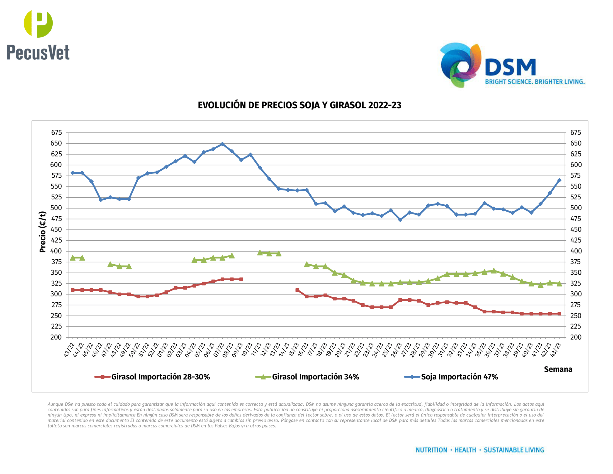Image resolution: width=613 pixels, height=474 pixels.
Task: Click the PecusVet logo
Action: pos(38,35)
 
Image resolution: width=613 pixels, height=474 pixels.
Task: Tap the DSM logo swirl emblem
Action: pos(460,65)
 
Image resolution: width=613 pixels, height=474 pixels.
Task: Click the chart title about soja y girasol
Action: pos(300,105)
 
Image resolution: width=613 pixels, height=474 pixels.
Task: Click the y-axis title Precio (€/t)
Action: pos(42,232)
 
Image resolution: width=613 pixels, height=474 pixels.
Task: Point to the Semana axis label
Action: pos(558,369)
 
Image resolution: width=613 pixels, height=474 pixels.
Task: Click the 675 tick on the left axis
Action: pos(56,132)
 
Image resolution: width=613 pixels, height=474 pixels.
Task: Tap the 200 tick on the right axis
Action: pos(575,337)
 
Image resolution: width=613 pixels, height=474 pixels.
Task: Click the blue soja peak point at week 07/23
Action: pos(222,144)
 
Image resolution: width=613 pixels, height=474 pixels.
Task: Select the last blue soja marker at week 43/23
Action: pos(559,180)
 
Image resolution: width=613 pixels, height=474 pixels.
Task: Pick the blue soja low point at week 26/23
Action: pos(400,220)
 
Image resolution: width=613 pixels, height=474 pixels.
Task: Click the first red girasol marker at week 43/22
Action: pos(73,290)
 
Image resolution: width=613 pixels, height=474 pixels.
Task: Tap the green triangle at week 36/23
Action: pos(494,271)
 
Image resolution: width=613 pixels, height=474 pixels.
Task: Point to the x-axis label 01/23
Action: pos(162,350)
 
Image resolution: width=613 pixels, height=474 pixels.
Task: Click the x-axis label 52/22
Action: pos(153,350)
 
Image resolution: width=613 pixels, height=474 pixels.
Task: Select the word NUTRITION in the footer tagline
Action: pos(431,450)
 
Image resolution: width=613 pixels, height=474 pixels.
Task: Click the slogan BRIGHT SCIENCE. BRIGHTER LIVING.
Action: pos(535,82)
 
